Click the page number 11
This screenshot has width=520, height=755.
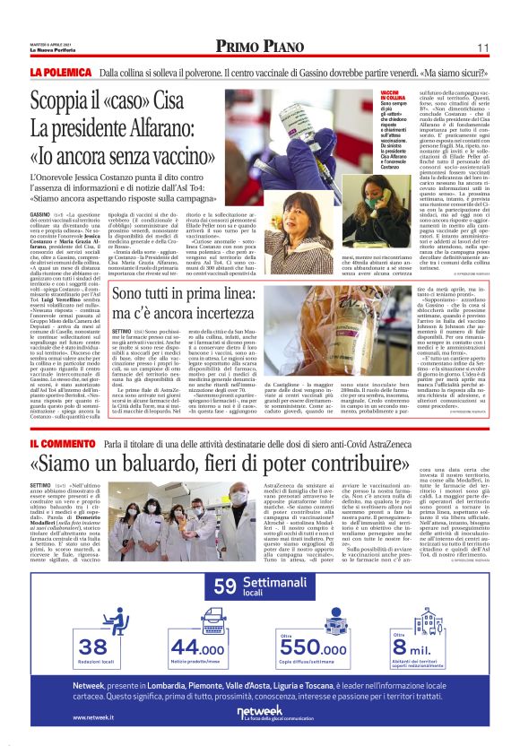click(482, 48)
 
